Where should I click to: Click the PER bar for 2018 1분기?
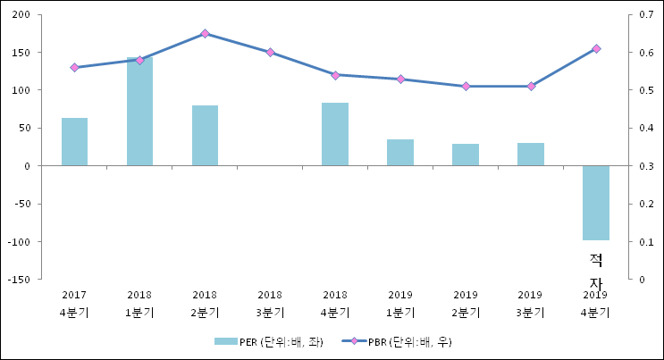[139, 112]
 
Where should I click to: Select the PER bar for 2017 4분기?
[74, 142]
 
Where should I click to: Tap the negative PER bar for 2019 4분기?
[595, 203]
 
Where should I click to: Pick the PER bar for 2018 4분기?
[335, 134]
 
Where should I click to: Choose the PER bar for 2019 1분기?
[400, 153]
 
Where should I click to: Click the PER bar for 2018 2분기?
[205, 136]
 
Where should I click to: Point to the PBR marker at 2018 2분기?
[205, 34]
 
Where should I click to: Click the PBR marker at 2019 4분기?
[596, 49]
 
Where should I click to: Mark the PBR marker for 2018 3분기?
[270, 53]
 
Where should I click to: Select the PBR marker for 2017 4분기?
[74, 68]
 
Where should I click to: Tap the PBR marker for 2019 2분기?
[466, 87]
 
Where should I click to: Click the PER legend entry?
[268, 342]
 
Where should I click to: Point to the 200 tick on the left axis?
[22, 15]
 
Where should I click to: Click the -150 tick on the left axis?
[21, 280]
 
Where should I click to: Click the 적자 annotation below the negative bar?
[596, 271]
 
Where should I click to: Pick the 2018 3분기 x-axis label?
[270, 303]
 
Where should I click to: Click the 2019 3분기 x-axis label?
[530, 303]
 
